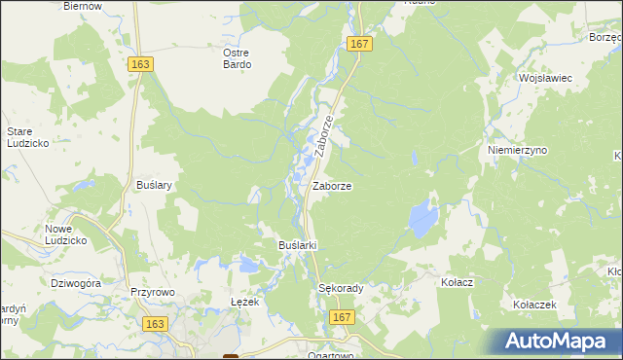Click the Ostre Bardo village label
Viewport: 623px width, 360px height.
[x=237, y=58]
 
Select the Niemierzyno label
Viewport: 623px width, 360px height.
[x=517, y=151]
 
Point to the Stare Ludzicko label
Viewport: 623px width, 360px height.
[x=27, y=136]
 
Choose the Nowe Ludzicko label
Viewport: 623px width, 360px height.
[x=66, y=234]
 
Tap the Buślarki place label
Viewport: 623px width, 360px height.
[x=299, y=244]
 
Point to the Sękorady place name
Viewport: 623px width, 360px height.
[x=341, y=288]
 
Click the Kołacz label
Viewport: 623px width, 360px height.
[x=457, y=282]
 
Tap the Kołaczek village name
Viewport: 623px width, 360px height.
[x=534, y=305]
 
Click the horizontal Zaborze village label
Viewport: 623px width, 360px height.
[x=332, y=185]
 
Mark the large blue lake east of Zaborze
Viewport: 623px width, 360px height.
[x=422, y=219]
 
